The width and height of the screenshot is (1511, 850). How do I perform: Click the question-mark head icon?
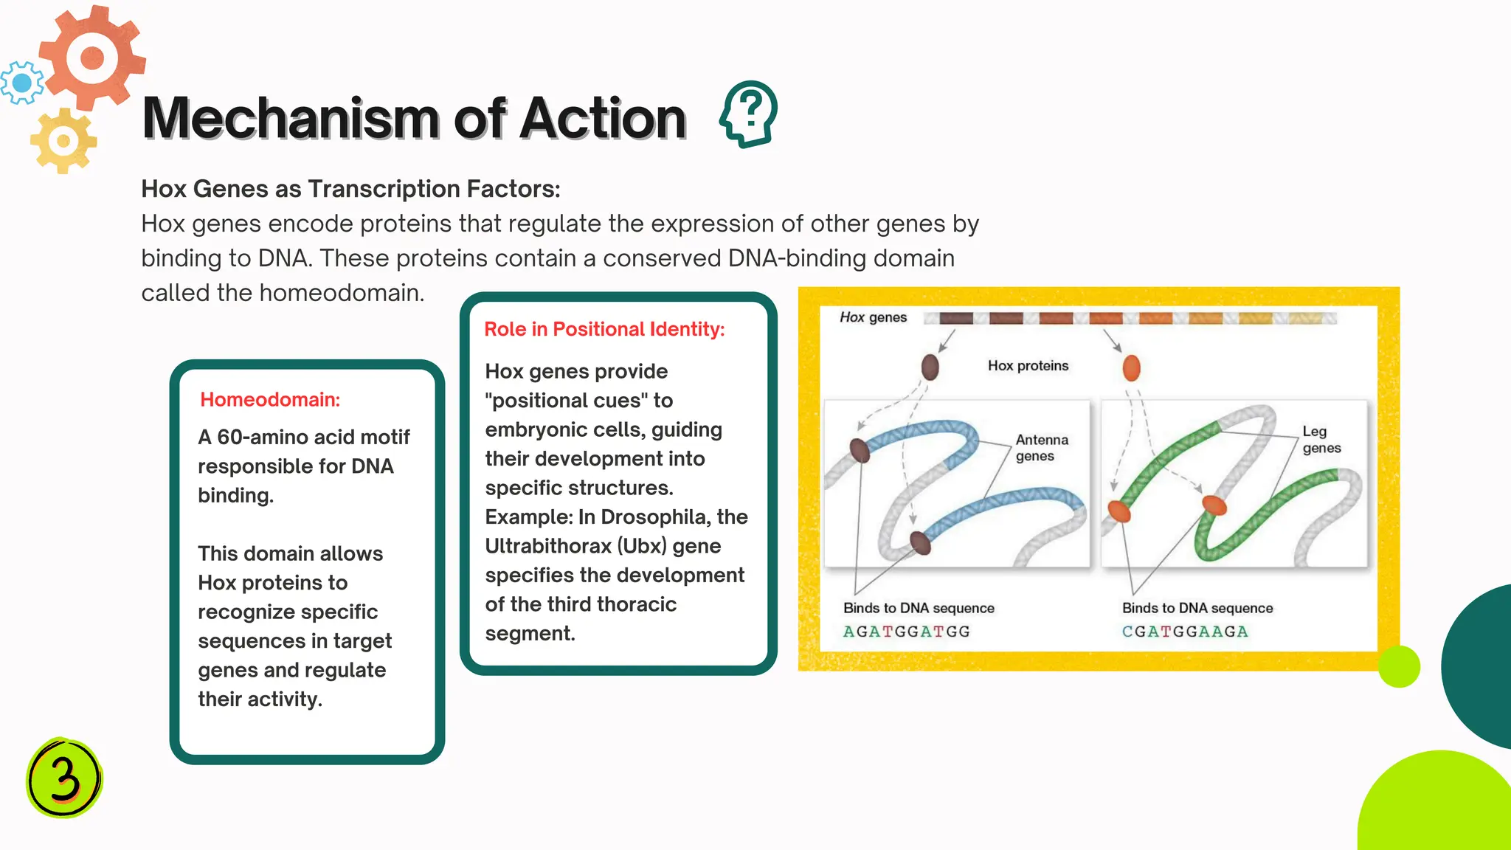coord(749,114)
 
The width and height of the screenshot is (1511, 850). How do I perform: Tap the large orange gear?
coord(92,58)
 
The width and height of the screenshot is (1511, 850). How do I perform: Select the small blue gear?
coord(21,83)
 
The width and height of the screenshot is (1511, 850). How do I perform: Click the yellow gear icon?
coord(63,140)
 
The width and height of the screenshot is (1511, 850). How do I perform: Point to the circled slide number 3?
coord(64,777)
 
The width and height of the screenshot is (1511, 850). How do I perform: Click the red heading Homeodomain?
coord(270,400)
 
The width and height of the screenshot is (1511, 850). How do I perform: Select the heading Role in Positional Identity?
coord(604,329)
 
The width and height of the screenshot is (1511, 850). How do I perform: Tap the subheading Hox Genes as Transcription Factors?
coord(350,189)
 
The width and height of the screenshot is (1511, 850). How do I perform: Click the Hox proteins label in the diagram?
coord(1028,366)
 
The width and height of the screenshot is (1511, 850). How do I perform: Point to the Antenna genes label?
coord(1041,448)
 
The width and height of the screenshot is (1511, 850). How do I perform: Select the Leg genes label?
coord(1321,440)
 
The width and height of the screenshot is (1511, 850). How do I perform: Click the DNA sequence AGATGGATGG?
coord(906,632)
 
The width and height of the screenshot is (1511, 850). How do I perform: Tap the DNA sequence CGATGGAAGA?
coord(1185,632)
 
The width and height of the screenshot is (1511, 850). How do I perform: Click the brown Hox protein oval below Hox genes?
coord(930,367)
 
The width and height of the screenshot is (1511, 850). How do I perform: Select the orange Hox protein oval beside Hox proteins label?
coord(1131,367)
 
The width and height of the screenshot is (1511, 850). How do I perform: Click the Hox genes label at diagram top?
coord(873,317)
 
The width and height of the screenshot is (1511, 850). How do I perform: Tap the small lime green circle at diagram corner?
coord(1398,666)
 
